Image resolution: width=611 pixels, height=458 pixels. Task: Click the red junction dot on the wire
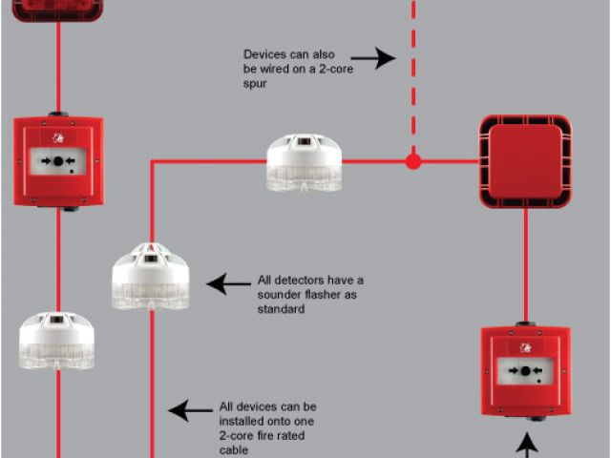pos(412,161)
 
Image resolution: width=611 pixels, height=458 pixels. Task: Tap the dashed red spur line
pos(412,76)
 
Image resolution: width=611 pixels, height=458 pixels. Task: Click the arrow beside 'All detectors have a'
pos(228,283)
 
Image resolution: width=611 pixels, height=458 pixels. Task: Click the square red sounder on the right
pos(524,161)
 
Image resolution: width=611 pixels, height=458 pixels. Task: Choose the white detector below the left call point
pos(56,341)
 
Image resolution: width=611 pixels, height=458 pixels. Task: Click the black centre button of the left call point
pos(58,161)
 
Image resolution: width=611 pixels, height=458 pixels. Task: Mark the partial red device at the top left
pos(57,10)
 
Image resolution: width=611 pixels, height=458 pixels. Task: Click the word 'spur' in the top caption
pos(257,84)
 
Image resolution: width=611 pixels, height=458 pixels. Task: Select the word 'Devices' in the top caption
pos(264,54)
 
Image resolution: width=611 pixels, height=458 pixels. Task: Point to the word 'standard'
pos(281,309)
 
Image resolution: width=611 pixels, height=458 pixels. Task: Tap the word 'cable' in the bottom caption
pos(234,449)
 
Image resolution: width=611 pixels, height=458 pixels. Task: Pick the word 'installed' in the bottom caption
pos(242,421)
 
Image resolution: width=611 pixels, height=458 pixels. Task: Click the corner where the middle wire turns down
pos(151,162)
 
